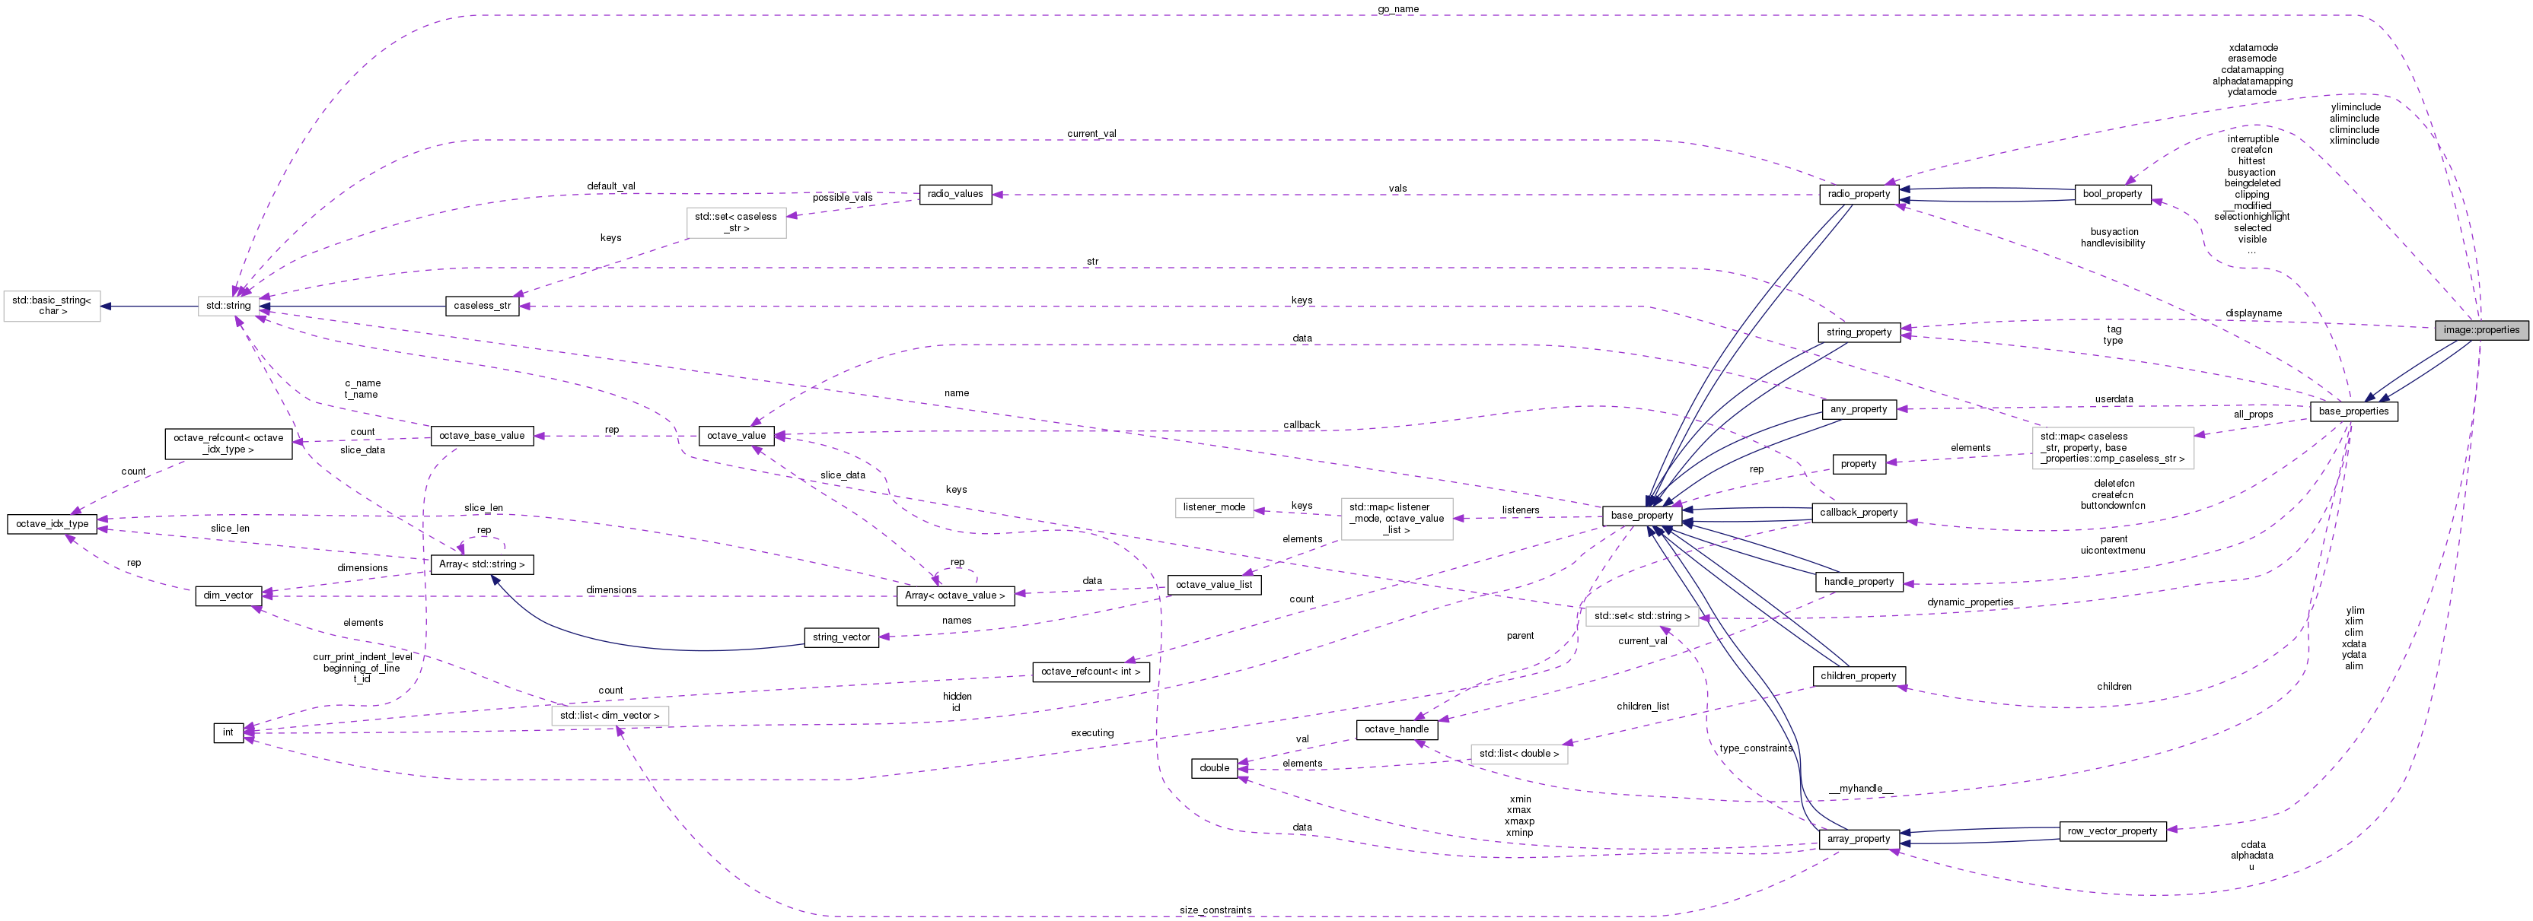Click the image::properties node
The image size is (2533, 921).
point(2481,330)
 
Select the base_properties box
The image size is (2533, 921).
point(2353,411)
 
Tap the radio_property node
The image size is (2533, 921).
point(1859,194)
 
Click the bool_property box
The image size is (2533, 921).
point(2112,194)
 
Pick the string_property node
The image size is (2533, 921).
point(1859,332)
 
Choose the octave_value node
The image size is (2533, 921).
point(735,436)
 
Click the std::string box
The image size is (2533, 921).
point(228,306)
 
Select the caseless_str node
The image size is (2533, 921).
point(482,306)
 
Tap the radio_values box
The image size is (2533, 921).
point(954,194)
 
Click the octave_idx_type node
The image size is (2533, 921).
point(51,524)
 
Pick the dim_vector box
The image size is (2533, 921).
point(228,595)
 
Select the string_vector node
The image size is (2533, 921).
point(841,637)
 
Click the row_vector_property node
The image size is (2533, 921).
point(2112,830)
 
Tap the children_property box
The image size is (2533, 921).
point(1859,676)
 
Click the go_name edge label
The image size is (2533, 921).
point(1397,9)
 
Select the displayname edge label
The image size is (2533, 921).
point(2253,313)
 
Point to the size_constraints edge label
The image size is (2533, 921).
point(1216,910)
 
